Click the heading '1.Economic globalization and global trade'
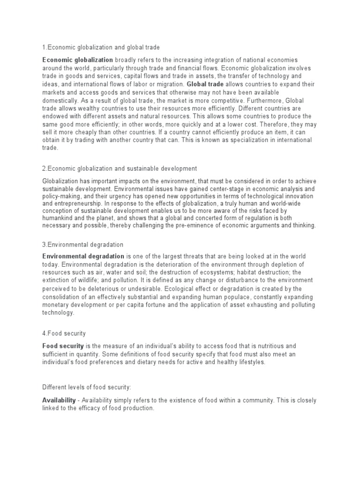click(101, 47)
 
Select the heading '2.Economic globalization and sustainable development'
click(120, 168)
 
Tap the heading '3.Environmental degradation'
click(82, 245)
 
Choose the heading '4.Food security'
click(64, 333)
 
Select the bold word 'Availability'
click(59, 388)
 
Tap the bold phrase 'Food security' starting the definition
click(63, 345)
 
